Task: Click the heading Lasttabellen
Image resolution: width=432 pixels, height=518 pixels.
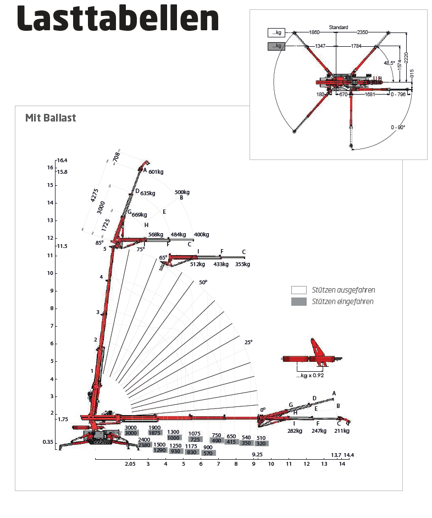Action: [118, 20]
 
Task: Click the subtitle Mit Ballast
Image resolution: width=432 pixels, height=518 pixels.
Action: [51, 118]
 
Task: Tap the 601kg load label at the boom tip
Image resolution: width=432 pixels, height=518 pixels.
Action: [156, 172]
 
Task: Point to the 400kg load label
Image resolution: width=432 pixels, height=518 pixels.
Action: [201, 235]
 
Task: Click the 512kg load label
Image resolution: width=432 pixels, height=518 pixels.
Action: [196, 264]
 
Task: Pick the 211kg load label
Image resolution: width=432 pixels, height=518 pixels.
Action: [341, 431]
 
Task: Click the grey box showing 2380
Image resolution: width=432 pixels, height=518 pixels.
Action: [145, 445]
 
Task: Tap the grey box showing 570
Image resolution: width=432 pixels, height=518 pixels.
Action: [208, 453]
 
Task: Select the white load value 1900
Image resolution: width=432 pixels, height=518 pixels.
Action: [154, 427]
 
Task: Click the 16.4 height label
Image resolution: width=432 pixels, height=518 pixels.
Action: [62, 161]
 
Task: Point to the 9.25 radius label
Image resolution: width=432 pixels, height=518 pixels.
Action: [257, 455]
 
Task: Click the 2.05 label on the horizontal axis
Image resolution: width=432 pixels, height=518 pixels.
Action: [130, 464]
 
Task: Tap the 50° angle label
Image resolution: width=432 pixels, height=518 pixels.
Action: [203, 282]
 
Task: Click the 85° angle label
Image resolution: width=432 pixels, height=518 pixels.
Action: [99, 243]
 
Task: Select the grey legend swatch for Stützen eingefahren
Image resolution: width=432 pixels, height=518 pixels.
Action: [299, 301]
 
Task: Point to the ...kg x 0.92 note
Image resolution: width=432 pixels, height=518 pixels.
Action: [311, 376]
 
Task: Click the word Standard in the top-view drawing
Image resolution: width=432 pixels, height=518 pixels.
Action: [338, 27]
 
